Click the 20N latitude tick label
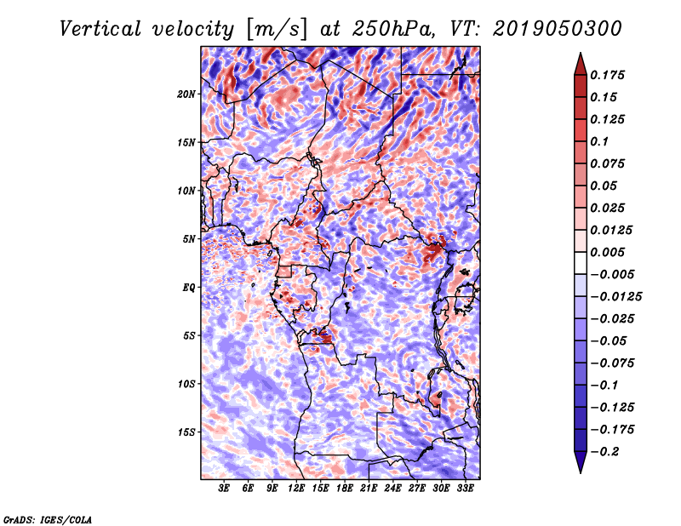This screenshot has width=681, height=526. pyautogui.click(x=186, y=94)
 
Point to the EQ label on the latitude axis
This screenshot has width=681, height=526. pyautogui.click(x=189, y=288)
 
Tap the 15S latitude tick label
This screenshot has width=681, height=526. pyautogui.click(x=186, y=432)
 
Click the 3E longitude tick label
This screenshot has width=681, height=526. pyautogui.click(x=224, y=489)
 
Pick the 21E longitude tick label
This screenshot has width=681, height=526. pyautogui.click(x=369, y=489)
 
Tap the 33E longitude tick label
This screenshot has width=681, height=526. pyautogui.click(x=466, y=489)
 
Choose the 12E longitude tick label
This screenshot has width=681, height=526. pyautogui.click(x=297, y=489)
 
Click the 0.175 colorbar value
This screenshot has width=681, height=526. pyautogui.click(x=609, y=75)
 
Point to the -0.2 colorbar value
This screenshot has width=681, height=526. pyautogui.click(x=605, y=451)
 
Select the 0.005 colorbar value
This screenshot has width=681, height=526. pyautogui.click(x=609, y=252)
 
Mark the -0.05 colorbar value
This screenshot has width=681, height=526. pyautogui.click(x=609, y=340)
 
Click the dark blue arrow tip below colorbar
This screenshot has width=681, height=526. pyautogui.click(x=580, y=466)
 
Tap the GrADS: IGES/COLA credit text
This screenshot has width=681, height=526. pyautogui.click(x=47, y=518)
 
